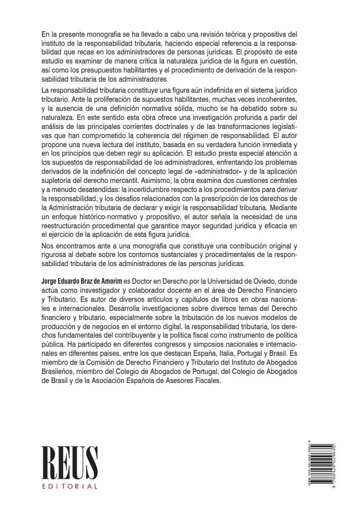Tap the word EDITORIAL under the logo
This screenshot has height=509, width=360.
point(70,486)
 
